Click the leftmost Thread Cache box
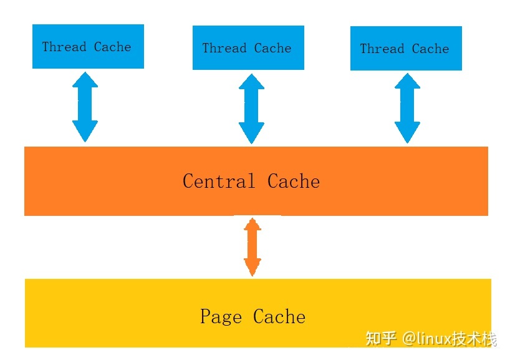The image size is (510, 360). (x=88, y=46)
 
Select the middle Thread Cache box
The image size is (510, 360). (x=248, y=47)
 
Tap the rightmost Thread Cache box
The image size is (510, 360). (x=406, y=48)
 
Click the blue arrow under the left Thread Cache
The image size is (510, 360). (x=85, y=107)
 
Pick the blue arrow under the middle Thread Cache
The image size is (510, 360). (x=252, y=109)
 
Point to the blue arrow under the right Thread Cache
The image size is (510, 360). (x=407, y=108)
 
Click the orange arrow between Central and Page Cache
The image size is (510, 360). (x=252, y=247)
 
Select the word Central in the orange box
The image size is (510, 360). (x=219, y=182)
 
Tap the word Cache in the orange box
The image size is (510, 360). (x=294, y=182)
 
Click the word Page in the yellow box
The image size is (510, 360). (x=221, y=317)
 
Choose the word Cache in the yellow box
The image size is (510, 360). (x=279, y=317)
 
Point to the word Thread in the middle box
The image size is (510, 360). (x=224, y=48)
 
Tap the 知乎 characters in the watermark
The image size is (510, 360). (x=381, y=339)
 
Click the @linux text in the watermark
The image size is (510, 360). (x=426, y=339)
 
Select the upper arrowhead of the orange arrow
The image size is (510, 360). (x=252, y=225)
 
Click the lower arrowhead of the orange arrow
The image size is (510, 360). (x=252, y=268)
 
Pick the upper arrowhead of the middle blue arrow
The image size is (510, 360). (x=252, y=82)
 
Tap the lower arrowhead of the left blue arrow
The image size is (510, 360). (x=85, y=132)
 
